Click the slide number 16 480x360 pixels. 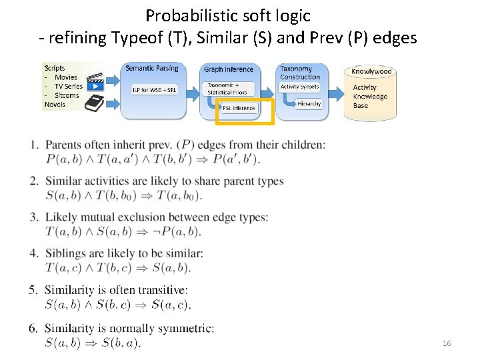[x=447, y=343]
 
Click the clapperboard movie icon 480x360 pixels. [x=97, y=81]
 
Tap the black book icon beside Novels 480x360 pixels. [x=95, y=103]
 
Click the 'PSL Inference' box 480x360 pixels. [x=239, y=108]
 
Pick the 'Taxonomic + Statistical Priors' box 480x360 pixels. [x=227, y=89]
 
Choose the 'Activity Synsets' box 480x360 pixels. [x=299, y=87]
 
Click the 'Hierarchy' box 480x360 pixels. [x=309, y=104]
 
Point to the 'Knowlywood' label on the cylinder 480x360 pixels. [x=371, y=71]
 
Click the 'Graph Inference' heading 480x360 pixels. [x=229, y=69]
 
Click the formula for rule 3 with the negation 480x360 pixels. [x=123, y=231]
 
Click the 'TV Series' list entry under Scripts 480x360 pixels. [x=68, y=86]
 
